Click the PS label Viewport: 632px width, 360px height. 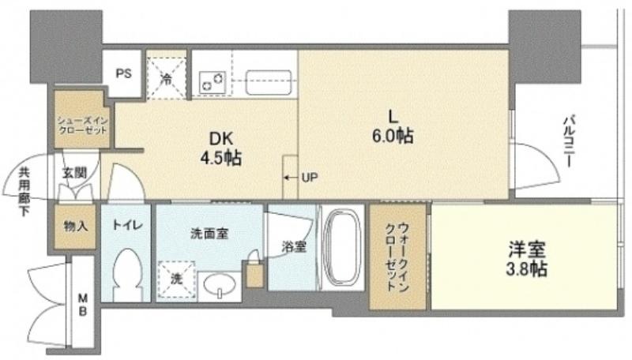[x=123, y=74]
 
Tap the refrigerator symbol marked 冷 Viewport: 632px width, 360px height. [x=167, y=78]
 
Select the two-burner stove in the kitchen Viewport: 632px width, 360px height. [x=212, y=82]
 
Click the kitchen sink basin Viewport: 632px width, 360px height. [x=269, y=83]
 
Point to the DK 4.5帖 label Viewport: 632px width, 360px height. [x=221, y=149]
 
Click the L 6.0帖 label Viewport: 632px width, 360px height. [x=393, y=127]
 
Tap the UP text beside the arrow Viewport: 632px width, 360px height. [x=310, y=177]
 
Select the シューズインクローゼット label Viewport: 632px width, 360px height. [x=82, y=126]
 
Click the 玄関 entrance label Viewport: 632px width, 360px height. [x=74, y=173]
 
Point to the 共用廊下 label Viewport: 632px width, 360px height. [x=24, y=192]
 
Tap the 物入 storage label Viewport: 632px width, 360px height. [x=75, y=227]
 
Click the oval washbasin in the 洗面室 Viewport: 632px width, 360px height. [x=220, y=285]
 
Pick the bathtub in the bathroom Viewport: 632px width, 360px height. [x=342, y=247]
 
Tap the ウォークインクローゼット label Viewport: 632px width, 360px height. [x=397, y=257]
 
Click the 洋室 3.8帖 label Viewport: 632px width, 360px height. [x=526, y=258]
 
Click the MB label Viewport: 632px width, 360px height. [x=83, y=305]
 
